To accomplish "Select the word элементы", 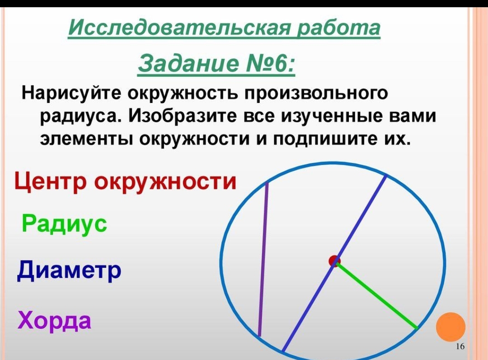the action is tap(86, 139).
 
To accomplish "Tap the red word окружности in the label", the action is tap(165, 182).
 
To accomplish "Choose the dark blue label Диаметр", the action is tap(69, 270).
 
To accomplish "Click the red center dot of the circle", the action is tap(334, 261).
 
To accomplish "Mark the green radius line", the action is tap(376, 295).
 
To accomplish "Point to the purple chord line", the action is tap(263, 260).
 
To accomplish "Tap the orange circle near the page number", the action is tap(450, 327).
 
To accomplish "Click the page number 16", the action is tap(460, 346).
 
